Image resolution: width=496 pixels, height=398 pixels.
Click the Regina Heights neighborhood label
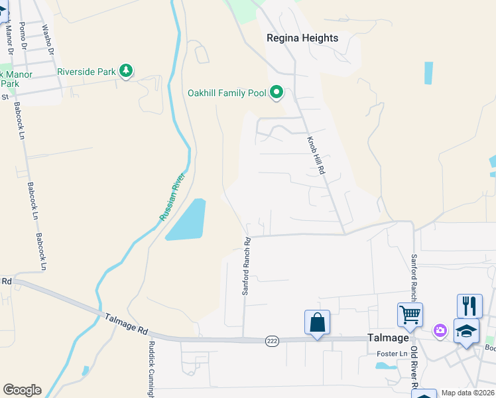302,38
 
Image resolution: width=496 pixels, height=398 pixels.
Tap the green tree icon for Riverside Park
126,71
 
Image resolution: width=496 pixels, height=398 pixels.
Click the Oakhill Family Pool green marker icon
277,92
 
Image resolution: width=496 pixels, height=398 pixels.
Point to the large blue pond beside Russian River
186,220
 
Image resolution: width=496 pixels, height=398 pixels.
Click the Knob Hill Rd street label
316,156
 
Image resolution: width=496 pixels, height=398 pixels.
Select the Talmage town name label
389,337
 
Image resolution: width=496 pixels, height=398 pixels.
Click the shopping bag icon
318,322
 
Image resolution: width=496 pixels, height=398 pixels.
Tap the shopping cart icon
410,315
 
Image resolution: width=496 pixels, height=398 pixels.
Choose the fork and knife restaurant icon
469,306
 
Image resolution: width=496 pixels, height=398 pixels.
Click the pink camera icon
440,330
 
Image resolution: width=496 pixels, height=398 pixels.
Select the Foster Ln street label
391,354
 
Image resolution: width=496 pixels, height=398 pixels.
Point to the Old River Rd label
413,368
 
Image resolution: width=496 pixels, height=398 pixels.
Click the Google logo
22,390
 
